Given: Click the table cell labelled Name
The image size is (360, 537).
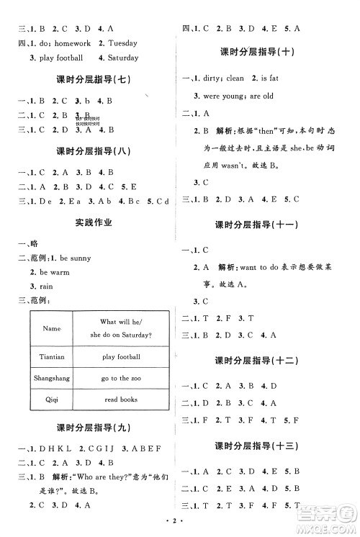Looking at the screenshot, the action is coord(52,328).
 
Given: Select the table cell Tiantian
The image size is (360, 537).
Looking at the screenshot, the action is coord(52,356).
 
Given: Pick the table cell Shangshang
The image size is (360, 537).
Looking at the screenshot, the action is coord(52,378).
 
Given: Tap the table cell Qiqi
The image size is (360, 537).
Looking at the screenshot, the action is coord(52,399).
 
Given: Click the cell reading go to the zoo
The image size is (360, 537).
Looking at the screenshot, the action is coord(120,378).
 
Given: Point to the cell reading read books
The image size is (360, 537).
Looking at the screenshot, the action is coord(120,399).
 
